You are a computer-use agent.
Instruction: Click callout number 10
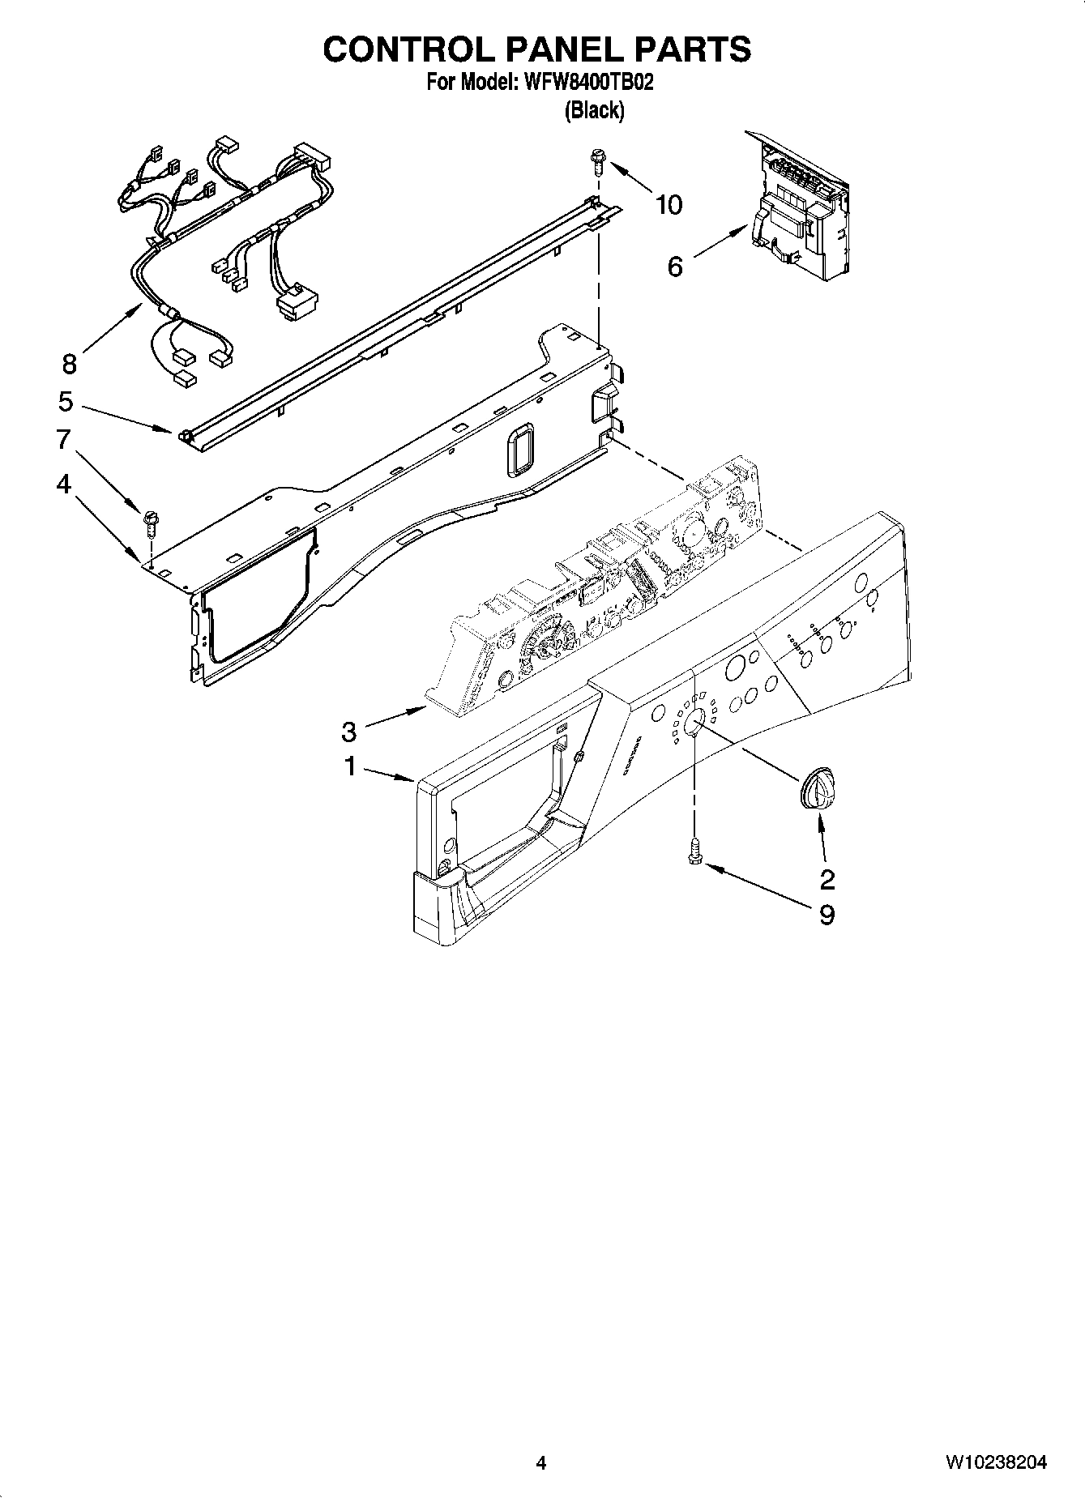pyautogui.click(x=669, y=205)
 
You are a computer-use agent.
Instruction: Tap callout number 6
pyautogui.click(x=675, y=266)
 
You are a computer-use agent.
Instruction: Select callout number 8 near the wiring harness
pyautogui.click(x=69, y=364)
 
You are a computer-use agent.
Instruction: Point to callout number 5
pyautogui.click(x=66, y=401)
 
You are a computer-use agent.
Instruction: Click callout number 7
pyautogui.click(x=63, y=439)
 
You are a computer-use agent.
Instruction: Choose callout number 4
pyautogui.click(x=63, y=484)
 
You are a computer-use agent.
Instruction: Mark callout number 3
pyautogui.click(x=348, y=732)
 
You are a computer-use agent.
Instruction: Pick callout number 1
pyautogui.click(x=350, y=766)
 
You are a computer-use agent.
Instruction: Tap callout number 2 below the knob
pyautogui.click(x=827, y=879)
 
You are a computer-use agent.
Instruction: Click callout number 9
pyautogui.click(x=827, y=915)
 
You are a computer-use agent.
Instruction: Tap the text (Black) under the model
pyautogui.click(x=594, y=110)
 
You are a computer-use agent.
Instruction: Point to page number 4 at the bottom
pyautogui.click(x=540, y=1463)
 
